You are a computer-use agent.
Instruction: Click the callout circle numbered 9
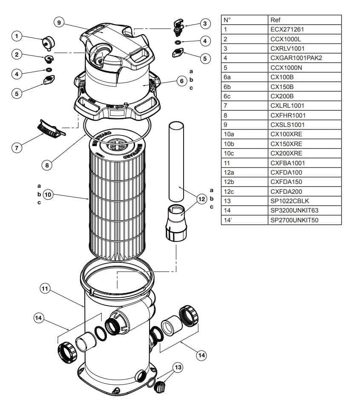59,23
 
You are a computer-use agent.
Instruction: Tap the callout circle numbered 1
17,36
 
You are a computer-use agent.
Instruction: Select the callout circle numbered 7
17,148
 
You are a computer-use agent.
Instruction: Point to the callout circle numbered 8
47,165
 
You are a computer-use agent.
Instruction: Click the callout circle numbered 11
45,288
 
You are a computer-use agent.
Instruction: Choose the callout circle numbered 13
178,367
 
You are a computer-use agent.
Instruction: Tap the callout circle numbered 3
205,24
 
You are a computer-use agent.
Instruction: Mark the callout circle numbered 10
48,194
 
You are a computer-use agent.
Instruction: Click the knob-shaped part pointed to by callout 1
49,42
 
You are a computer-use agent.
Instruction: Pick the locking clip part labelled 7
51,128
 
